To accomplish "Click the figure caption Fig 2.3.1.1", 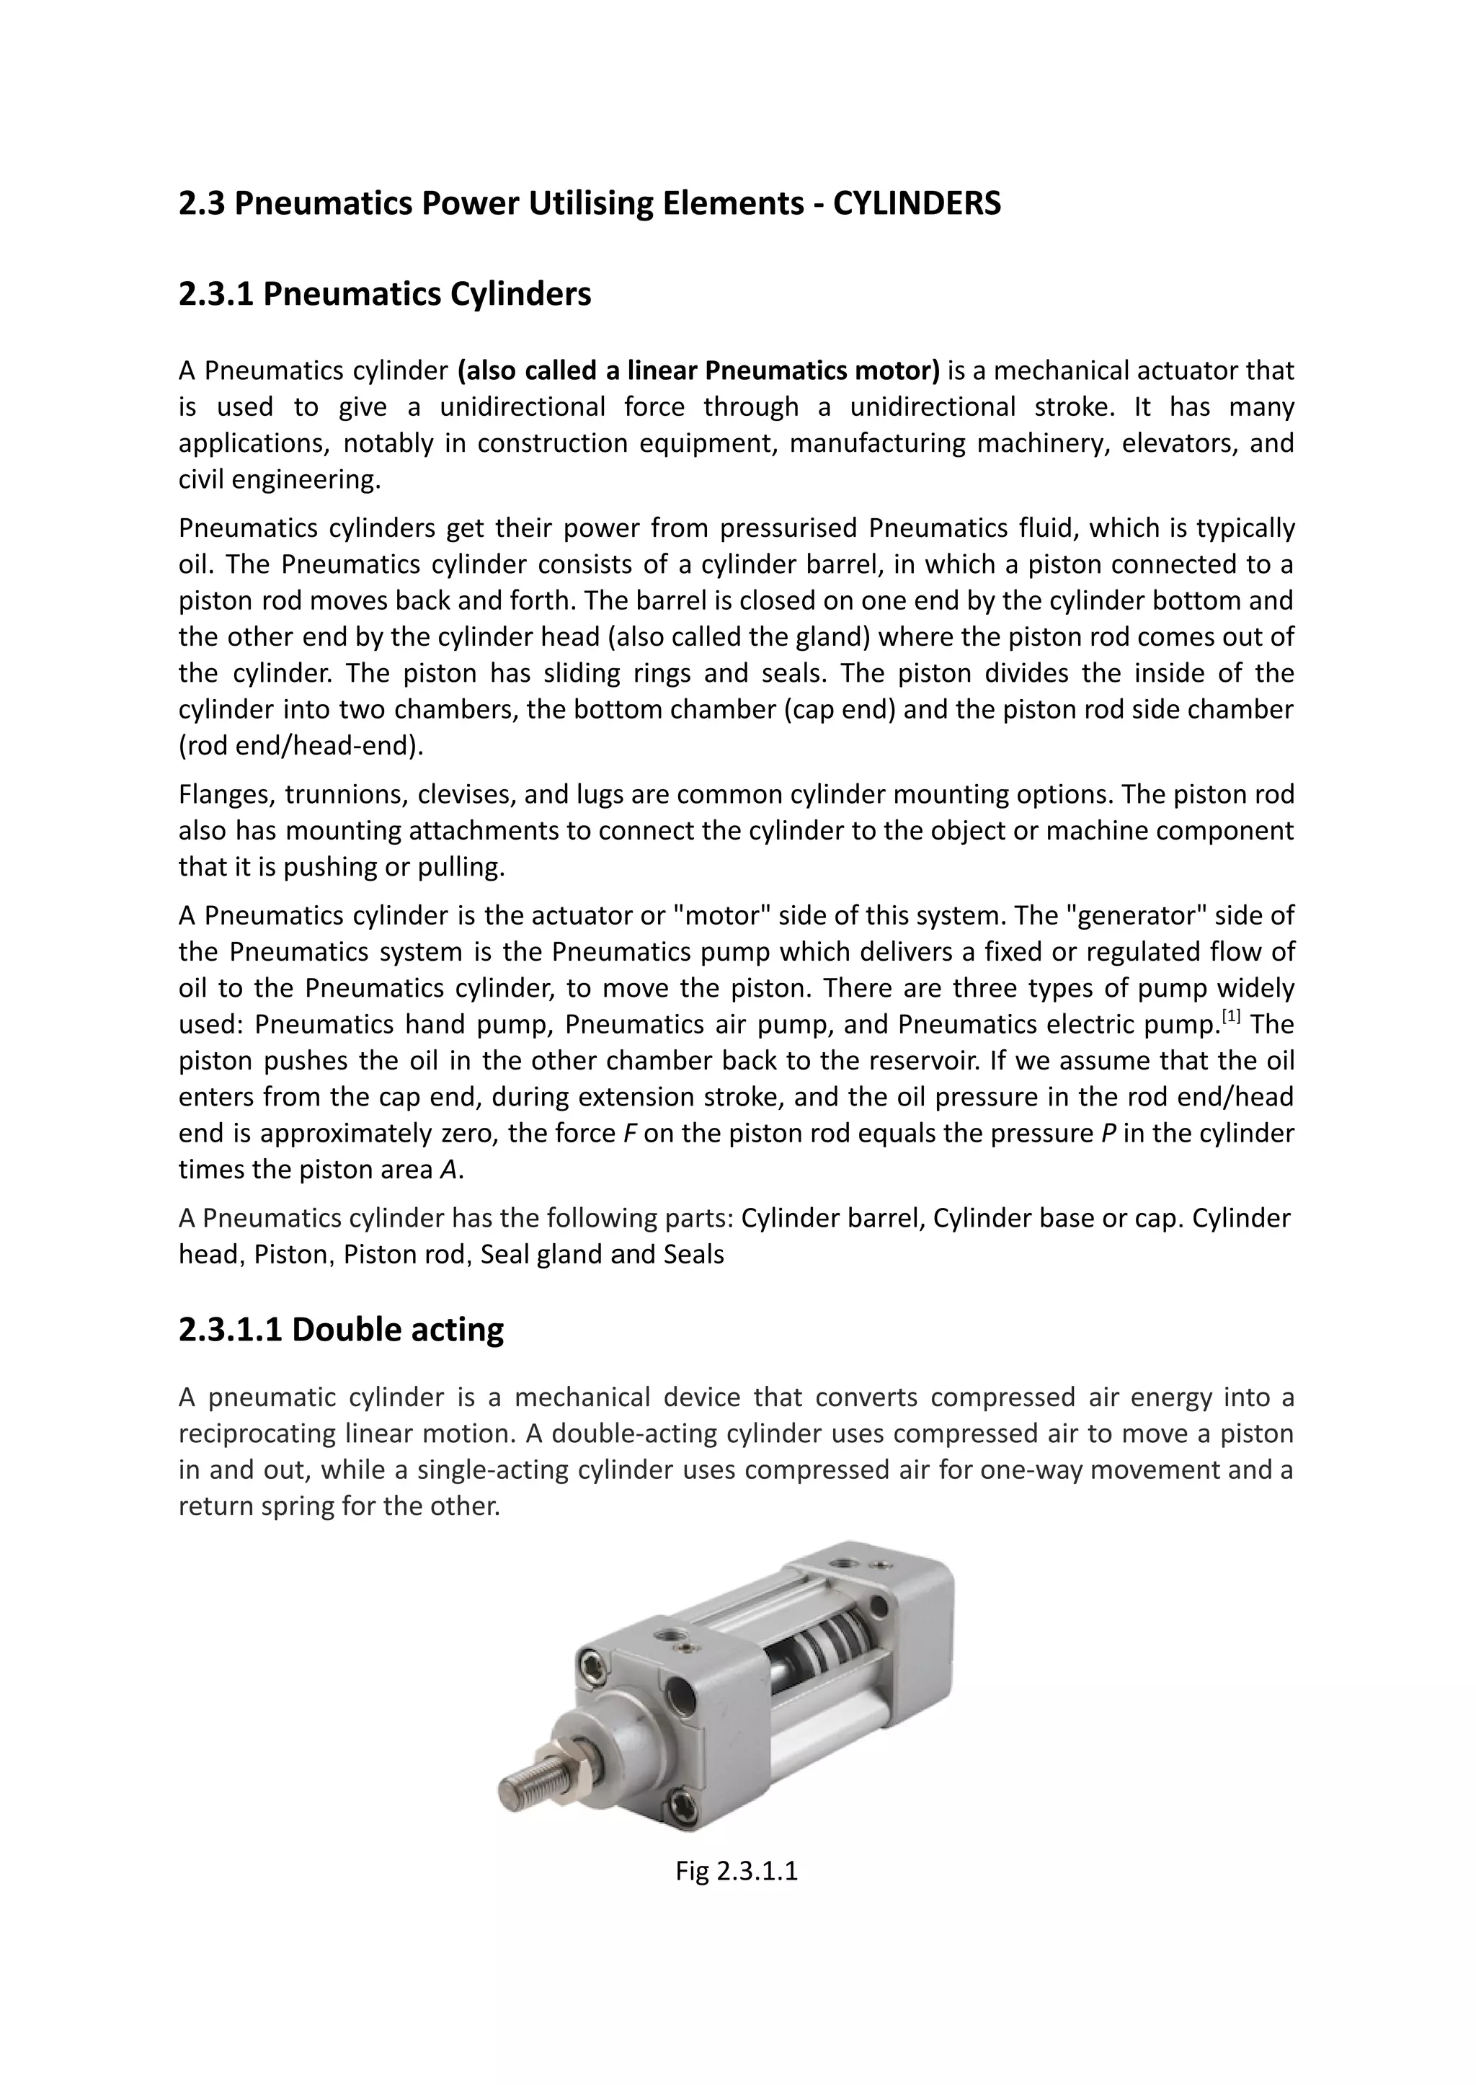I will pos(736,1872).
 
